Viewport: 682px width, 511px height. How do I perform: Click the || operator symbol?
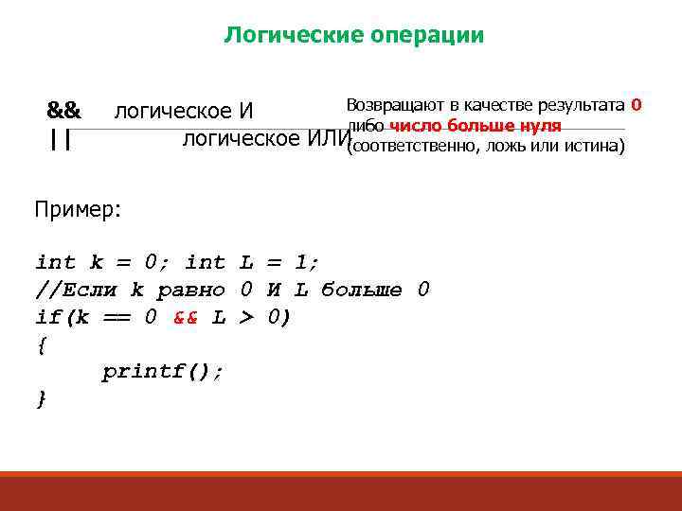tap(62, 140)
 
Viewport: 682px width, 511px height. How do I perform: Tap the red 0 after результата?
tap(637, 104)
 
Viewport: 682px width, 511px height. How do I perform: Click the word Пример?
tap(76, 209)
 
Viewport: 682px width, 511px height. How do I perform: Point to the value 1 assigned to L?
tap(305, 261)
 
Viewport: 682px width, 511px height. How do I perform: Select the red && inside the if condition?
tap(186, 318)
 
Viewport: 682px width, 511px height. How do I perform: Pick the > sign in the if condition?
tap(245, 318)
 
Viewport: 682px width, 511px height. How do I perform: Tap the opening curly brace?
tap(41, 345)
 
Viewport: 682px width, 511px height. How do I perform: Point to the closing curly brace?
tap(41, 399)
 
